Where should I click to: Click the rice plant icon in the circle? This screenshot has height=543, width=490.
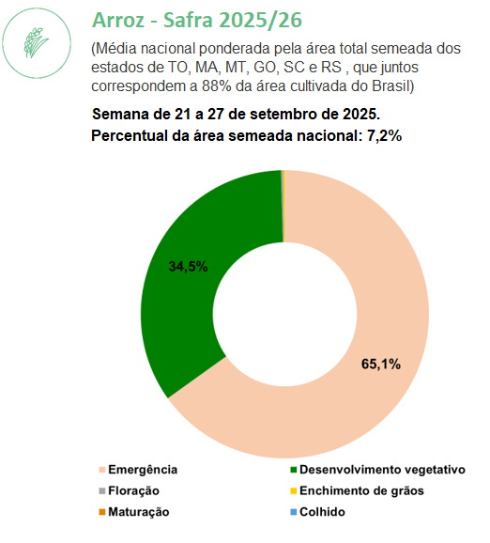pyautogui.click(x=36, y=43)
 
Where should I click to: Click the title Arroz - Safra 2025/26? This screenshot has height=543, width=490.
pyautogui.click(x=197, y=20)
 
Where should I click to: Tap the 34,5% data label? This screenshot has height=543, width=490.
pyautogui.click(x=189, y=267)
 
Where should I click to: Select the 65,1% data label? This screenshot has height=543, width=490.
pyautogui.click(x=381, y=365)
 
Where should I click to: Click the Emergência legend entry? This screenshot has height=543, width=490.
pyautogui.click(x=138, y=470)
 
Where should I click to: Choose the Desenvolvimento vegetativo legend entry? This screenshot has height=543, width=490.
pyautogui.click(x=377, y=470)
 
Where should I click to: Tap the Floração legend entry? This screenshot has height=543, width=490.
pyautogui.click(x=130, y=491)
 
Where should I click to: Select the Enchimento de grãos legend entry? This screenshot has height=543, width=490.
pyautogui.click(x=357, y=491)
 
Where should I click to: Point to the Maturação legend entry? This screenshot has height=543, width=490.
pyautogui.click(x=134, y=512)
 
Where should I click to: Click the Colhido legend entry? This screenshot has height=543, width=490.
pyautogui.click(x=317, y=512)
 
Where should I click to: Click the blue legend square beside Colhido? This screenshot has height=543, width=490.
pyautogui.click(x=294, y=512)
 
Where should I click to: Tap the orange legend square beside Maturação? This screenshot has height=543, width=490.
pyautogui.click(x=102, y=512)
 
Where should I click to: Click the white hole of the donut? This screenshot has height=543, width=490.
pyautogui.click(x=284, y=314)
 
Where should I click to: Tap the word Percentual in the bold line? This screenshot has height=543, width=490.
pyautogui.click(x=130, y=135)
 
